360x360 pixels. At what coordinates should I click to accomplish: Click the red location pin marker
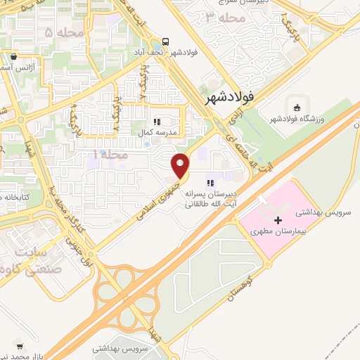[x=181, y=165]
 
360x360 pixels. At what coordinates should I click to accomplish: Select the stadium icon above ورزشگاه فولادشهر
[x=297, y=108]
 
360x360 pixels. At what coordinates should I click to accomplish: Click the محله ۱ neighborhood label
[x=107, y=153]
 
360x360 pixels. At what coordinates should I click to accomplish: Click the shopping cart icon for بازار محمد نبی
[x=20, y=346]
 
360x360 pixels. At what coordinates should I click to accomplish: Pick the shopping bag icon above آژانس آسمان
[x=14, y=56]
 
